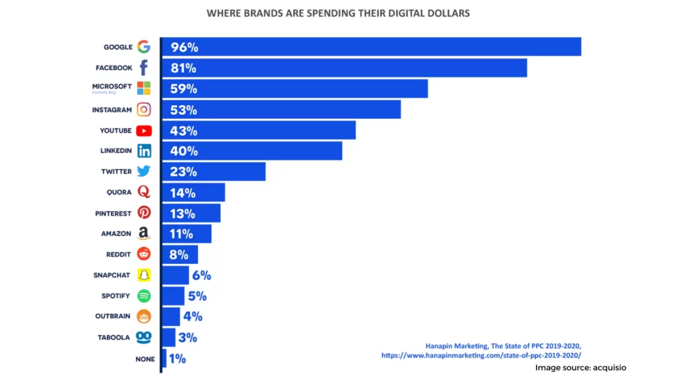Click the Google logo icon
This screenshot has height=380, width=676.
click(144, 47)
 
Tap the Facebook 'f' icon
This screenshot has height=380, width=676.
click(144, 67)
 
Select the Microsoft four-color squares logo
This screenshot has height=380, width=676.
click(144, 88)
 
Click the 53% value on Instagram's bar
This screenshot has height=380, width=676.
click(184, 110)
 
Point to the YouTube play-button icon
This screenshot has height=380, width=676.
click(144, 131)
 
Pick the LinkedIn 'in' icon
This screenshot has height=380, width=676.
click(144, 151)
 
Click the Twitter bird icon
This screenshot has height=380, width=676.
click(144, 172)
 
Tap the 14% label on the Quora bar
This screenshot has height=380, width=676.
click(183, 193)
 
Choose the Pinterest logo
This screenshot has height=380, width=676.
click(144, 213)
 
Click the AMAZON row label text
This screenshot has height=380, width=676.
click(116, 234)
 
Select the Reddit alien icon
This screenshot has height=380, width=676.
click(144, 254)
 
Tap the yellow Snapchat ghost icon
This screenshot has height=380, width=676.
click(144, 275)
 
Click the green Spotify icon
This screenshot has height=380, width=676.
click(144, 296)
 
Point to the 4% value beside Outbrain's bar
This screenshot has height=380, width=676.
click(192, 317)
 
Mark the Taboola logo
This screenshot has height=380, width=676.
click(144, 337)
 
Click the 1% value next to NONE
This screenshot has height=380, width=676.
click(177, 359)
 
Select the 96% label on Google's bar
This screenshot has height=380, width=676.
click(184, 47)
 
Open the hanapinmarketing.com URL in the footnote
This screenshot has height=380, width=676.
click(481, 356)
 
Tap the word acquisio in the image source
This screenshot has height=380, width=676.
click(608, 367)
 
